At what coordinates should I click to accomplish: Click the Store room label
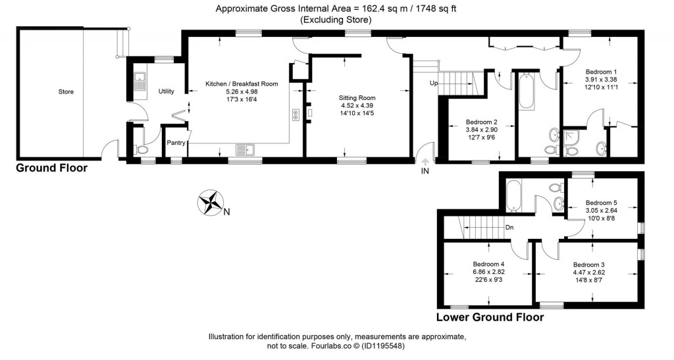click(x=65, y=91)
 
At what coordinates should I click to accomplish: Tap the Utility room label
click(x=166, y=92)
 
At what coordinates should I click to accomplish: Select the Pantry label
click(x=176, y=142)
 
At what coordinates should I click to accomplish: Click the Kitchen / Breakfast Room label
click(x=242, y=84)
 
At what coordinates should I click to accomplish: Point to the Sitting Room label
click(x=357, y=97)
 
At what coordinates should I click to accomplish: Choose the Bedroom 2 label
click(x=481, y=122)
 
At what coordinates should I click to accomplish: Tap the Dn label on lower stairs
click(x=509, y=228)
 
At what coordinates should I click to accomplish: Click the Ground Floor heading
click(x=51, y=168)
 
